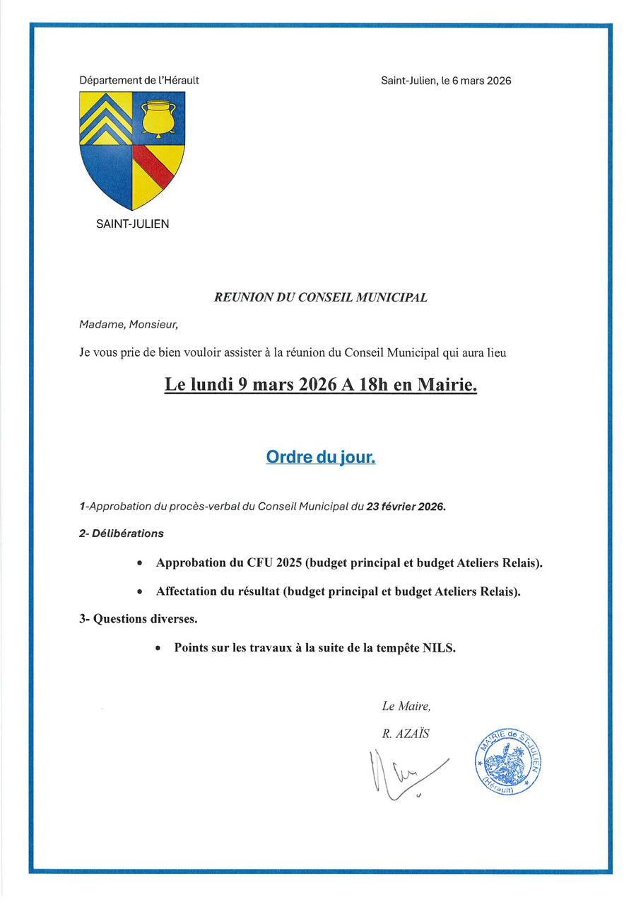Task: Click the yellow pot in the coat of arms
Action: (x=158, y=117)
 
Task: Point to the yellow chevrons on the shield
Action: (x=105, y=117)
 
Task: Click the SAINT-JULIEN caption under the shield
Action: (x=132, y=225)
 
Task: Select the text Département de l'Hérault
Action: (x=139, y=81)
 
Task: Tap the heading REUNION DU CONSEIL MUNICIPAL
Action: (x=320, y=298)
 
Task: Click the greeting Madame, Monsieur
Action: (x=129, y=325)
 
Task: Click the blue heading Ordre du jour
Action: (x=320, y=458)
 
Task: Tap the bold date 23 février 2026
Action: (x=406, y=507)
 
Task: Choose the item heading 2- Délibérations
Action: (x=121, y=533)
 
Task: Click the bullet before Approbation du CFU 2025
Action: (x=140, y=564)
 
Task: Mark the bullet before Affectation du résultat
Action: (x=140, y=592)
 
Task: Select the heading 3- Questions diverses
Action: (x=138, y=619)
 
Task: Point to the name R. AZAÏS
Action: (x=406, y=734)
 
